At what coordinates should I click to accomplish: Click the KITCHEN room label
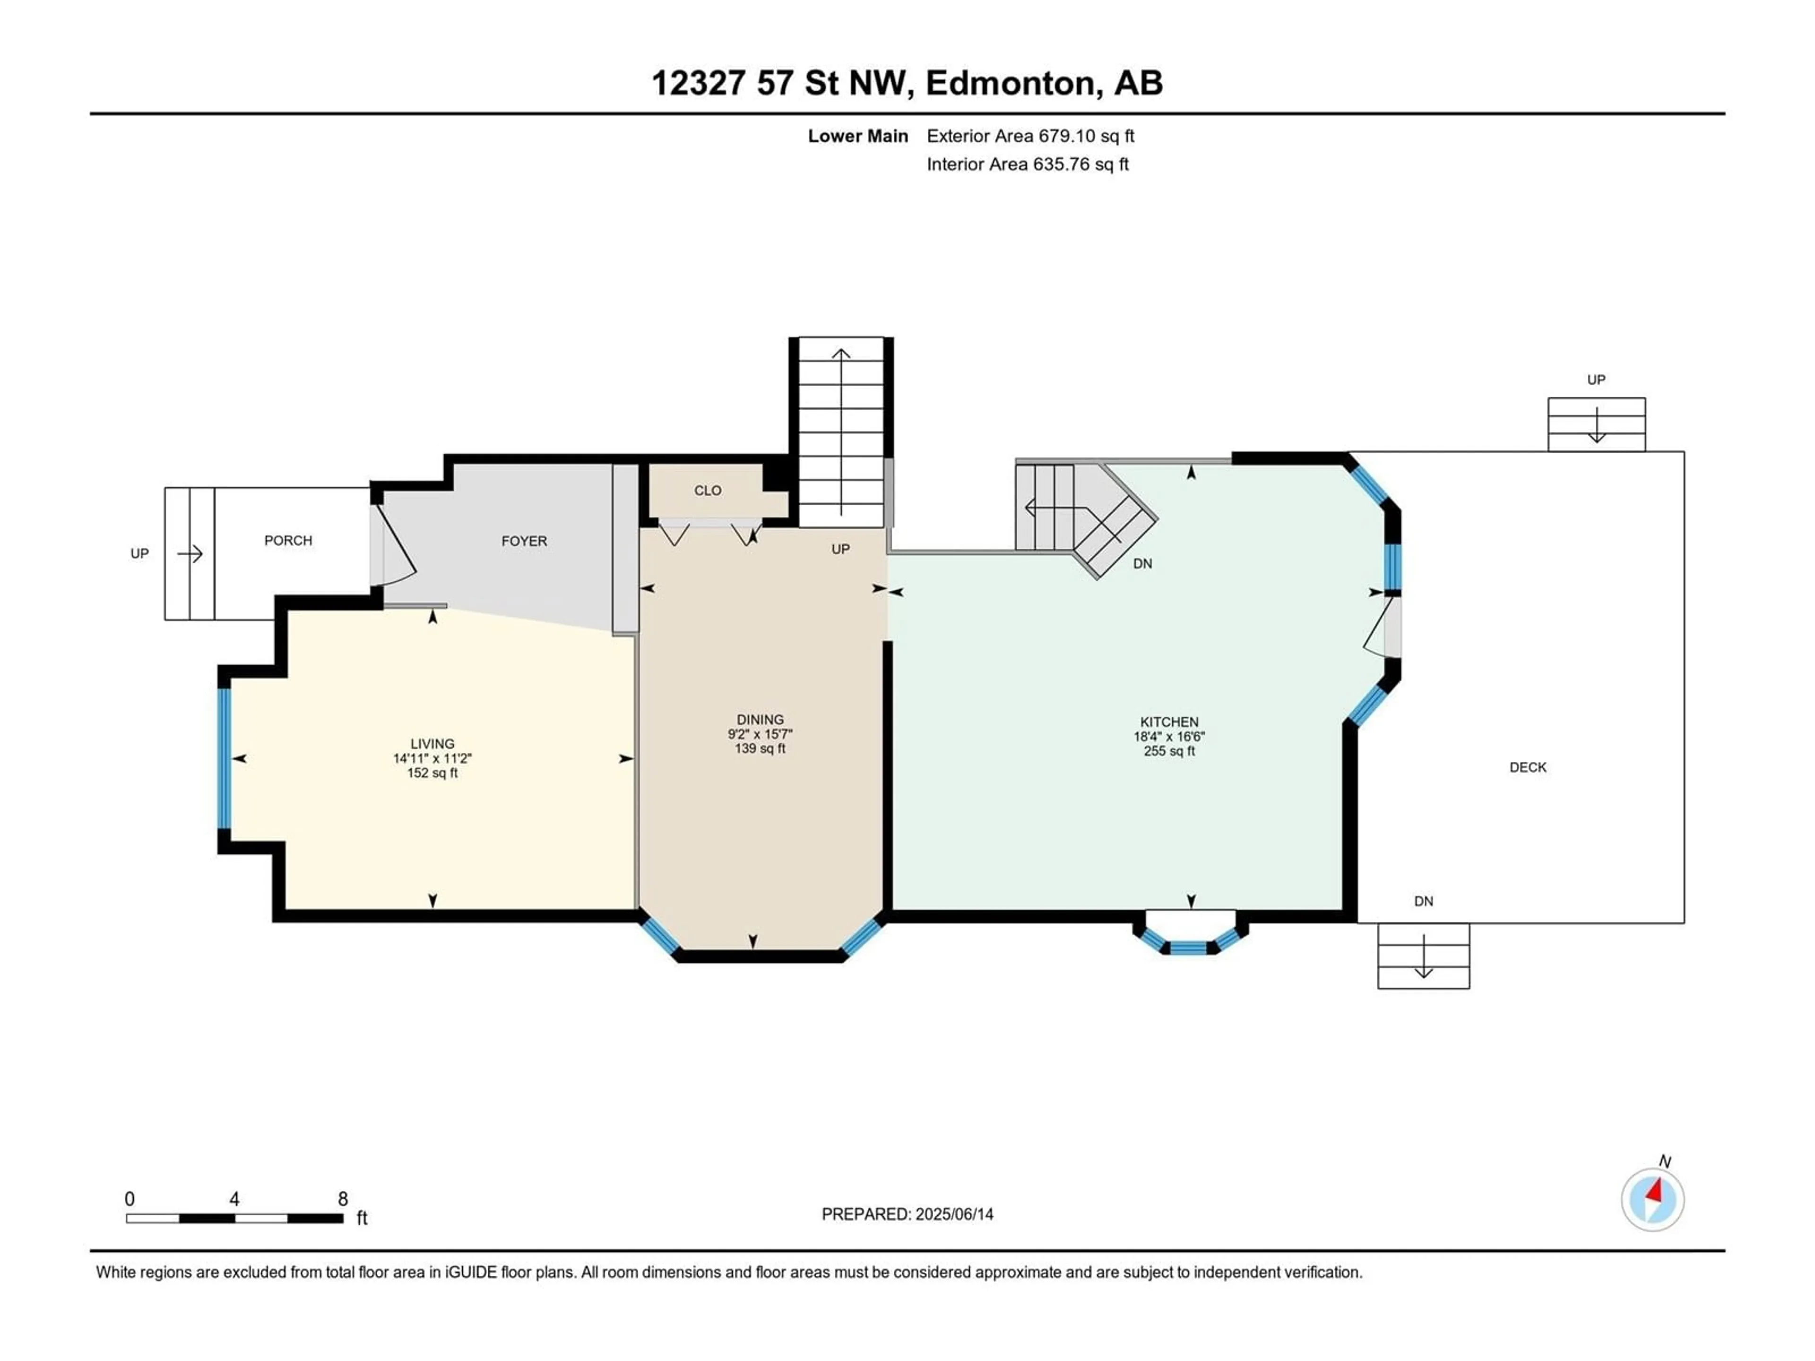click(1169, 722)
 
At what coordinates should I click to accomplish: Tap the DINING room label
click(760, 719)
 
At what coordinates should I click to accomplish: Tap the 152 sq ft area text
click(432, 773)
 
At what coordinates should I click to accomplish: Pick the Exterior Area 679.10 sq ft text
click(1030, 136)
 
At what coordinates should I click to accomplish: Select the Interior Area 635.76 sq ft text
click(1027, 164)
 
